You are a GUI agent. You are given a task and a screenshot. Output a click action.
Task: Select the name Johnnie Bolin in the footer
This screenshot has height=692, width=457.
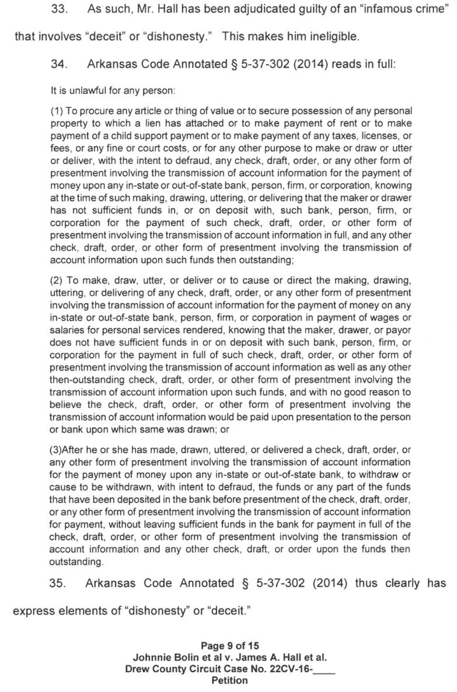[x=162, y=657]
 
